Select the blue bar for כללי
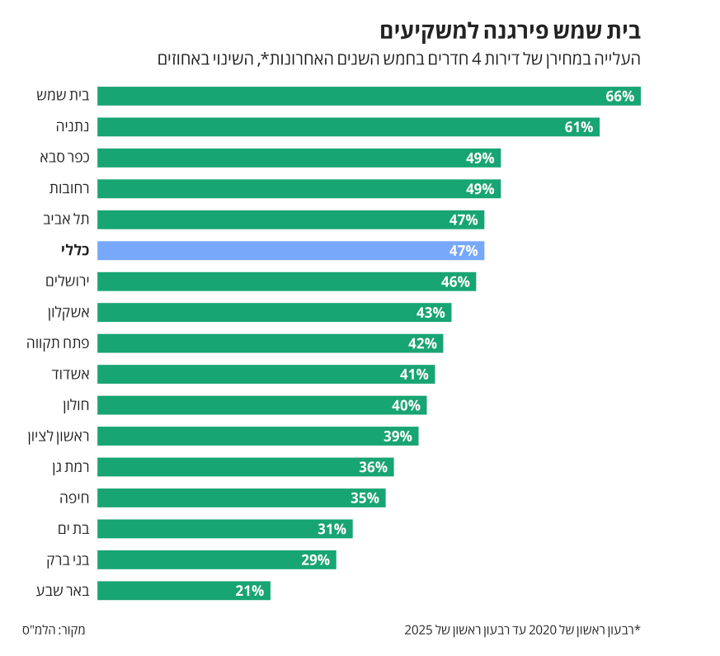click(x=290, y=251)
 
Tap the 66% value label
click(x=619, y=97)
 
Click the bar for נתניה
click(x=348, y=127)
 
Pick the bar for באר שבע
click(x=183, y=591)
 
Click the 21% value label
click(x=249, y=591)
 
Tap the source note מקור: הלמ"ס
click(x=54, y=630)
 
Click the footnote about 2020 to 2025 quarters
click(x=522, y=630)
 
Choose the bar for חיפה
click(x=241, y=498)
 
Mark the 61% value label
click(x=579, y=127)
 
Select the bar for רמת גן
click(x=245, y=467)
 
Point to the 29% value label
click(x=315, y=560)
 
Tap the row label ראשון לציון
click(x=58, y=437)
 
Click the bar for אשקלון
click(x=274, y=313)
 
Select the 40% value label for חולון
click(x=406, y=405)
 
